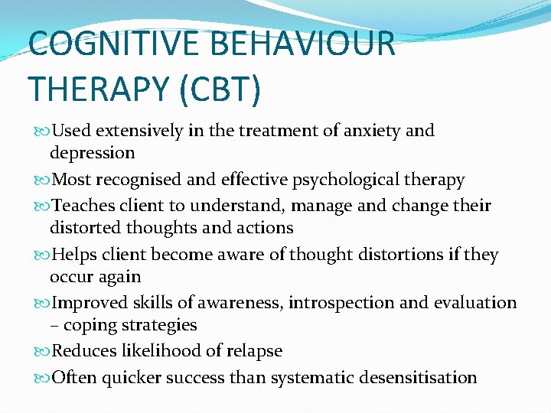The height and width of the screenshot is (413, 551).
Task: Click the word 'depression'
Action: [x=92, y=153]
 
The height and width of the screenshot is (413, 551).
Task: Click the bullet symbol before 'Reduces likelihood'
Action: [x=42, y=352]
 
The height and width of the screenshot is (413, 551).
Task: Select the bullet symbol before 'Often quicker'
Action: [x=42, y=378]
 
